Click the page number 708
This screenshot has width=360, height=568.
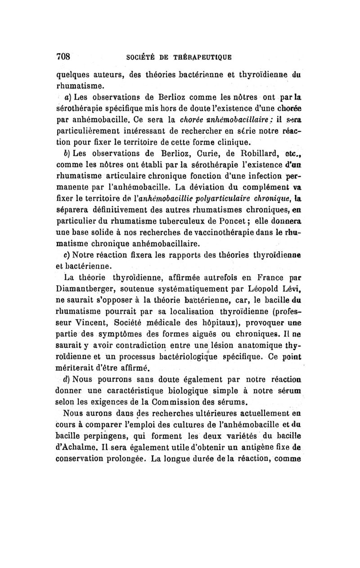[x=64, y=57]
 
